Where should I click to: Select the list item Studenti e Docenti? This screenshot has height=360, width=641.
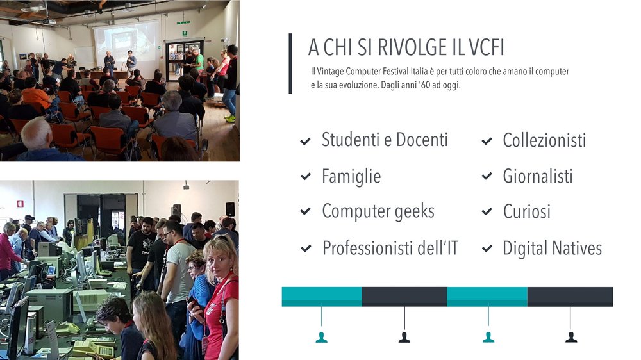coord(385,140)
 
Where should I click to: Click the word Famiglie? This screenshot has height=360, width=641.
coord(351,177)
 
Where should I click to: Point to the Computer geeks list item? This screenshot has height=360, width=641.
coord(378,211)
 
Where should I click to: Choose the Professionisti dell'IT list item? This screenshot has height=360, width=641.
coord(390,248)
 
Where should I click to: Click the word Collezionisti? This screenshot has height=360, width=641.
coord(544,140)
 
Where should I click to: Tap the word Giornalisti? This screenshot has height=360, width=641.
coord(538,176)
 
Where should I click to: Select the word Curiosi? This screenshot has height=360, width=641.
coord(526,211)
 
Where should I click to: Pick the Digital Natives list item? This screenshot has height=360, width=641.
coord(552,249)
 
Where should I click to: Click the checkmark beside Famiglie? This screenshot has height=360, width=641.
coord(305,177)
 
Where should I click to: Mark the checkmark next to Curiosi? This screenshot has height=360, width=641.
coord(487,211)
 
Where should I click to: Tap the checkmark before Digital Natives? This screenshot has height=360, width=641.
coord(487,249)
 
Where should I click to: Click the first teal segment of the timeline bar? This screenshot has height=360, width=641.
coord(322,297)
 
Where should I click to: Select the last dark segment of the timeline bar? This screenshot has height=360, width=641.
coord(570,297)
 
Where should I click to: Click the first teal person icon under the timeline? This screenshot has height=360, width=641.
coord(321,338)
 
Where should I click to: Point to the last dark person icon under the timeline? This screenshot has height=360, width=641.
coord(571,338)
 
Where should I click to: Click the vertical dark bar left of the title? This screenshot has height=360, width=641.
coord(290,64)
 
